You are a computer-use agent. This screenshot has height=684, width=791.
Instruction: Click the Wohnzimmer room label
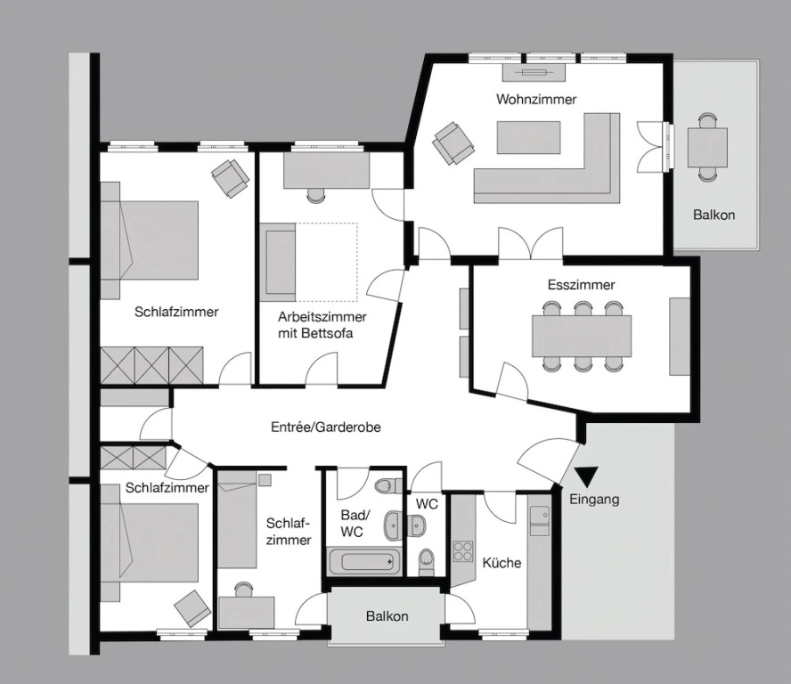tap(536, 100)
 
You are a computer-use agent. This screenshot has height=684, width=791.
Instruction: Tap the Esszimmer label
tap(581, 285)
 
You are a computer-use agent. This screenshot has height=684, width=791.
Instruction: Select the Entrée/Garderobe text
tap(326, 427)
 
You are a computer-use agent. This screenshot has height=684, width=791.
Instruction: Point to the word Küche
tap(502, 563)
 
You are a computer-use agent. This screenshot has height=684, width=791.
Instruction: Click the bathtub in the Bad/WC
tap(363, 561)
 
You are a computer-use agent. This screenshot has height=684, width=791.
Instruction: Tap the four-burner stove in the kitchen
tap(462, 550)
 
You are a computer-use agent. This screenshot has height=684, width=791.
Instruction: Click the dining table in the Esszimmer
tap(582, 336)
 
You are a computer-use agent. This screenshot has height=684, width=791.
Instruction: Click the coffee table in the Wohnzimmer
tap(528, 137)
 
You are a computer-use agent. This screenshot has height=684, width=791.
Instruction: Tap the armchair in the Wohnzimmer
tap(453, 142)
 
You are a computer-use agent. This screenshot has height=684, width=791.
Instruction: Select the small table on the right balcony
tap(707, 147)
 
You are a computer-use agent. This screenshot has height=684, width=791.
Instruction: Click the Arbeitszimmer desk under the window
tap(326, 170)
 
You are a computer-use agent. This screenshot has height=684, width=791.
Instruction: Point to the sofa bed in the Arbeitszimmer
tap(281, 263)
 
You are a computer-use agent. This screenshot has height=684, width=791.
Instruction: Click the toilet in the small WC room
tap(426, 562)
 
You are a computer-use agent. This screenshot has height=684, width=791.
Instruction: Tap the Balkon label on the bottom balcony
tap(387, 616)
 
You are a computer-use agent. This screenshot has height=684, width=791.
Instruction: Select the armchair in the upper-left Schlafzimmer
tap(230, 178)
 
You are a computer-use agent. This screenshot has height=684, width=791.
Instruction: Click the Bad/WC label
tap(355, 524)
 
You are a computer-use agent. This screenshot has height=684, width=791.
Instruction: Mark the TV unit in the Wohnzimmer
tap(534, 72)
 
